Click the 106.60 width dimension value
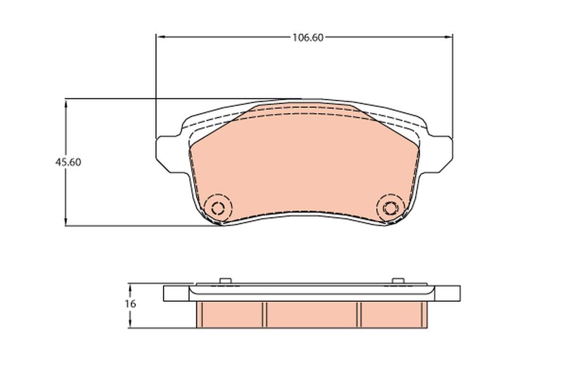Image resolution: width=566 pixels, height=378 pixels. click(x=308, y=38)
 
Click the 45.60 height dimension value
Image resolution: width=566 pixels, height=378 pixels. click(x=68, y=162)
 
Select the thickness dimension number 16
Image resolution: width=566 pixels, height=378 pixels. click(x=130, y=304)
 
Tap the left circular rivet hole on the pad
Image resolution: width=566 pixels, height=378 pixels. click(x=218, y=207)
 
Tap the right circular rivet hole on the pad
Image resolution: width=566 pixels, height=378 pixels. click(x=391, y=207)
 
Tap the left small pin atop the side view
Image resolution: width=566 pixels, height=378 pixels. click(x=225, y=281)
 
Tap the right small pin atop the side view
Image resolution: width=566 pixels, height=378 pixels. click(x=399, y=281)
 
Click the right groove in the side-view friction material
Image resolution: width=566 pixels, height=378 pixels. click(x=359, y=314)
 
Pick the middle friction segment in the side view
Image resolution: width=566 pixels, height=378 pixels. click(x=311, y=314)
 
